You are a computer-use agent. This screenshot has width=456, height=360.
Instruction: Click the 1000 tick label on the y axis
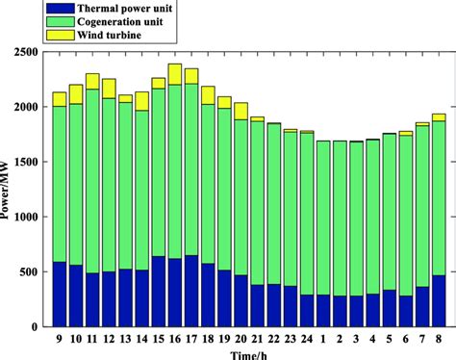click(30, 217)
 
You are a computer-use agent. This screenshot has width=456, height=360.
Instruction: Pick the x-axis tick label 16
click(175, 339)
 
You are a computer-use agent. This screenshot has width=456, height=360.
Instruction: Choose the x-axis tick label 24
click(307, 339)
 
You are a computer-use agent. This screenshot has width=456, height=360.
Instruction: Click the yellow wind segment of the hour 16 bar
click(175, 74)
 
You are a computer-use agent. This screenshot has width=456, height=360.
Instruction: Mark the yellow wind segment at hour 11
click(92, 81)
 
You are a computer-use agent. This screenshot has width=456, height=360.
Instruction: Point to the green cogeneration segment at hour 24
click(307, 213)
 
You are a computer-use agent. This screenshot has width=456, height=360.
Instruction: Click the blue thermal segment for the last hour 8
click(439, 300)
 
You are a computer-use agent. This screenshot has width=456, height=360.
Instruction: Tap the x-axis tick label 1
click(323, 339)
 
